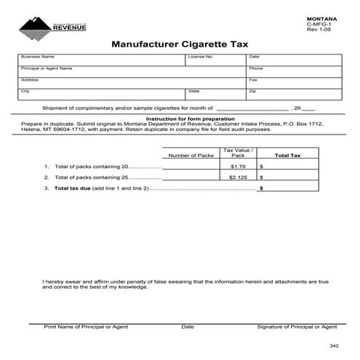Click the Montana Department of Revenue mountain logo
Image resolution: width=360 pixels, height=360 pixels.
33,28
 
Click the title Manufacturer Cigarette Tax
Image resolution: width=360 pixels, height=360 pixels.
180,44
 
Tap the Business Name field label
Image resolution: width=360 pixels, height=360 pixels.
38,56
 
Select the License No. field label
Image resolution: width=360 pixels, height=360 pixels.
200,56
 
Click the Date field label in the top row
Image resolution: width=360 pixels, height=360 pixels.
255,56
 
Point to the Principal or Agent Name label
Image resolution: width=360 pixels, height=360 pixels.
47,68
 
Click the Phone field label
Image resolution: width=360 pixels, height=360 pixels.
256,68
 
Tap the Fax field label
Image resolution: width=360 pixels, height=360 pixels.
253,79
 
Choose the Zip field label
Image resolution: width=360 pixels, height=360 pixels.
252,91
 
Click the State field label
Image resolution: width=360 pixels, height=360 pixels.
193,91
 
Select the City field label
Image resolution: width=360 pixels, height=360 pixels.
25,91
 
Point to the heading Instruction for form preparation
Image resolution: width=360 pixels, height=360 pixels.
191,118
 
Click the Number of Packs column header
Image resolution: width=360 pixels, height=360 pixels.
191,156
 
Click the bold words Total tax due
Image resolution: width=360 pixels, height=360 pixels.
73,188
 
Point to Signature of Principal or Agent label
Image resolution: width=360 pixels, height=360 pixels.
297,327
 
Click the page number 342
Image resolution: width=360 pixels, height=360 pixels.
333,345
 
